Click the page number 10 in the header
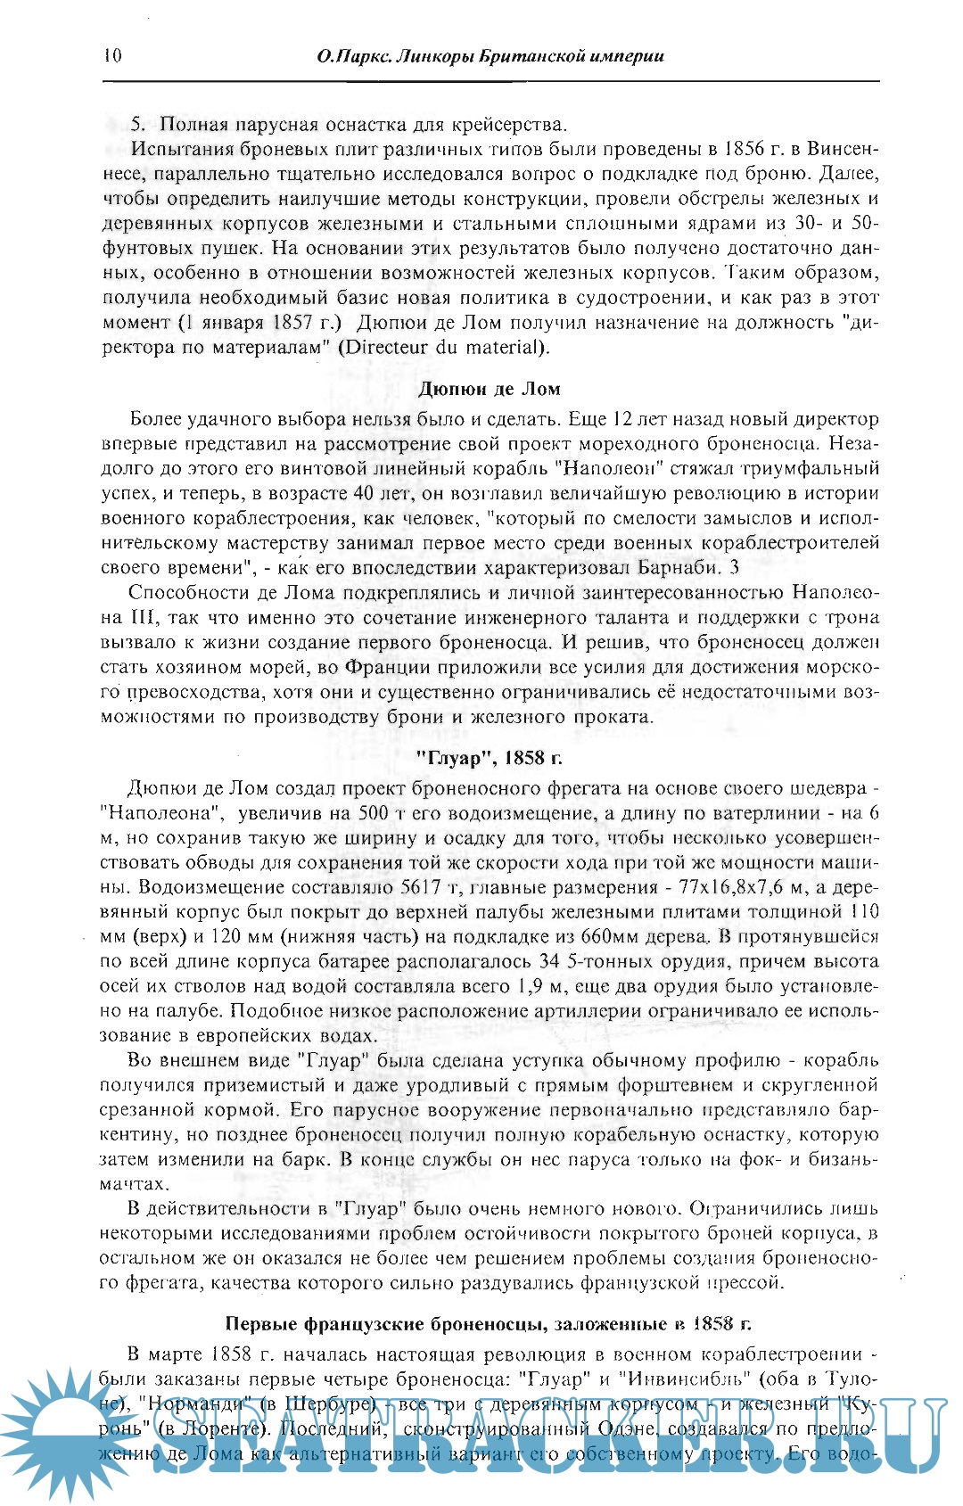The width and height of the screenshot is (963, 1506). pos(112,56)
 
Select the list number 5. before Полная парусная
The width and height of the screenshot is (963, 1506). pos(138,124)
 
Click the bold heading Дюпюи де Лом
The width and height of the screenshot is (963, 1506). pos(490,389)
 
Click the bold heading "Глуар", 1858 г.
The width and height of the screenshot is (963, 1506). pos(490,758)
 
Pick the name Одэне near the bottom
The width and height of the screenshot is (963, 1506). pos(625,1428)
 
